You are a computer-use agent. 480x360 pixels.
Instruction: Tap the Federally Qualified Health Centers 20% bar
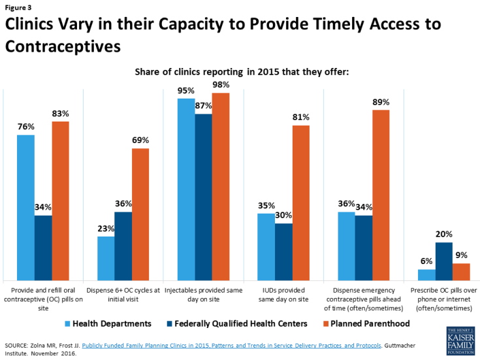443,261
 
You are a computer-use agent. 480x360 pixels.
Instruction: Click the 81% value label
301,118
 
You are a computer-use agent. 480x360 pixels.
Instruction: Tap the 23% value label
106,229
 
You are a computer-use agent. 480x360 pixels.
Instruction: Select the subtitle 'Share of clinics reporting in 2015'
242,71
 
